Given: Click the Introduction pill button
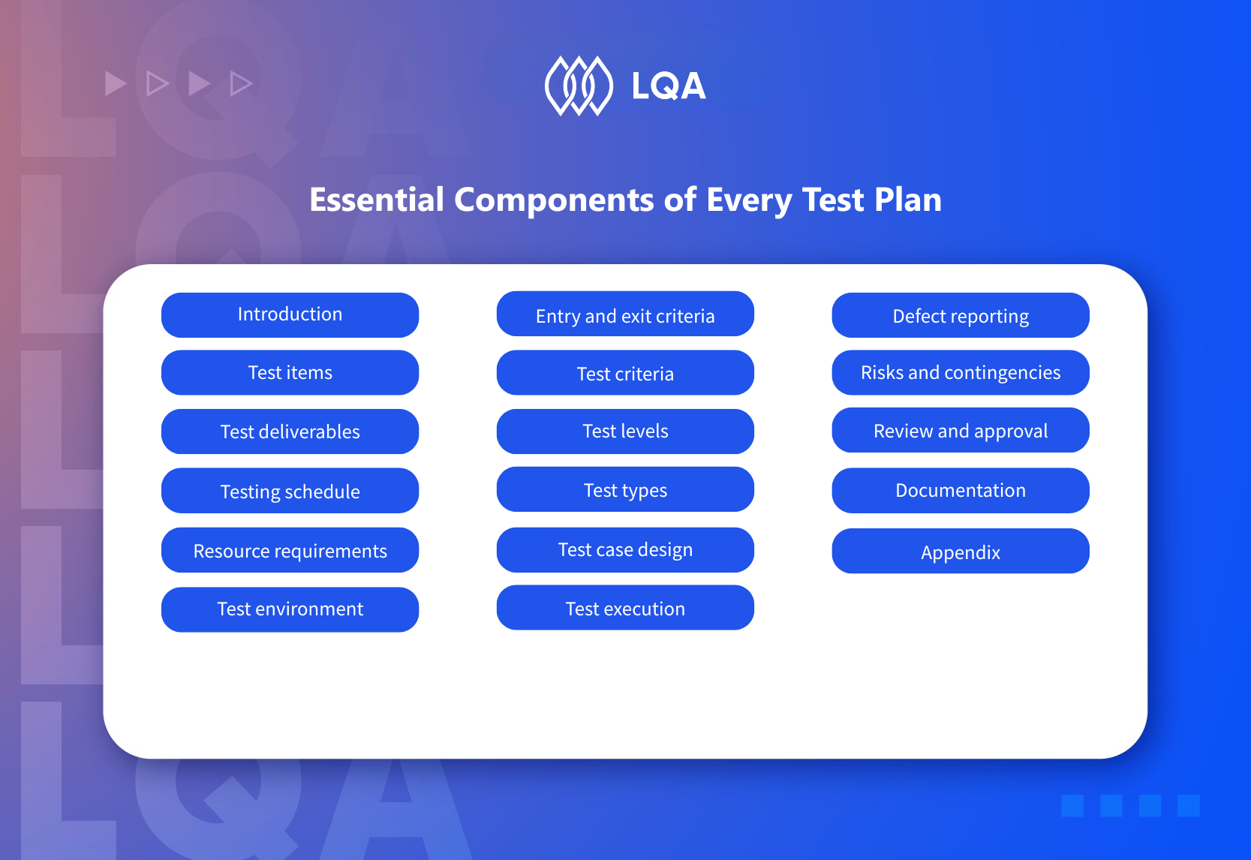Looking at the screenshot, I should point(290,314).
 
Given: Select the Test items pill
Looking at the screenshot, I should point(290,373).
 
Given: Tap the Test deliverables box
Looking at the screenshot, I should point(290,432).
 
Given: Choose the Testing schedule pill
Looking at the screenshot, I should point(290,491).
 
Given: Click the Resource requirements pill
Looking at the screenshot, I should point(290,550).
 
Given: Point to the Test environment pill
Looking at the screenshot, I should point(290,609).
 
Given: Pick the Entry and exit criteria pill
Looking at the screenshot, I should point(625,314).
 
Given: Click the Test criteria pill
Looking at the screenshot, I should point(625,373).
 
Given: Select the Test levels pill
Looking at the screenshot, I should point(625,432).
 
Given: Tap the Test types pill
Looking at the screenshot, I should point(625,490).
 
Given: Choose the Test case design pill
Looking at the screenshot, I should point(625,550).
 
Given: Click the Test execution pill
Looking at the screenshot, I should point(625,608).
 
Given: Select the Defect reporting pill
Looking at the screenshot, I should point(961,315).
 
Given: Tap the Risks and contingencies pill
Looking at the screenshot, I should point(961,373).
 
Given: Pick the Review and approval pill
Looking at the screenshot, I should point(961,431).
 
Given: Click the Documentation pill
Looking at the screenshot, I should point(961,491).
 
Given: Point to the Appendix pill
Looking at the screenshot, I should point(961,552).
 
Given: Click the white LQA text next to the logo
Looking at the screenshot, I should point(669,86).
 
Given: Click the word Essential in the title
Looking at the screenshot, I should point(377,200).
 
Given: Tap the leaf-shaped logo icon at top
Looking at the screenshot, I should point(579,86).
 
